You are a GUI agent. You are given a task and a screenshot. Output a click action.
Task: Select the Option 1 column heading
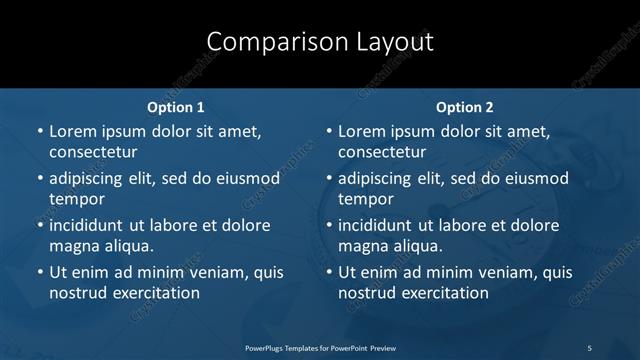pos(176,107)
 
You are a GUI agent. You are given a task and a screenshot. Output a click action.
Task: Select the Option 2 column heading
pos(465,107)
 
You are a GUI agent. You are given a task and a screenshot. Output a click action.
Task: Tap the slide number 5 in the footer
pos(589,347)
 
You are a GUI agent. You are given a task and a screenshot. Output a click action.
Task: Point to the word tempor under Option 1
pos(77,199)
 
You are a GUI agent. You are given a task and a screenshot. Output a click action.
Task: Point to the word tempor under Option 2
pos(366,199)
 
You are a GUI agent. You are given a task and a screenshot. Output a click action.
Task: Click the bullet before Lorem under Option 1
pos(40,131)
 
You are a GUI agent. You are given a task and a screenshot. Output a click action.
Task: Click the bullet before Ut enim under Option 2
pos(329,272)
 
